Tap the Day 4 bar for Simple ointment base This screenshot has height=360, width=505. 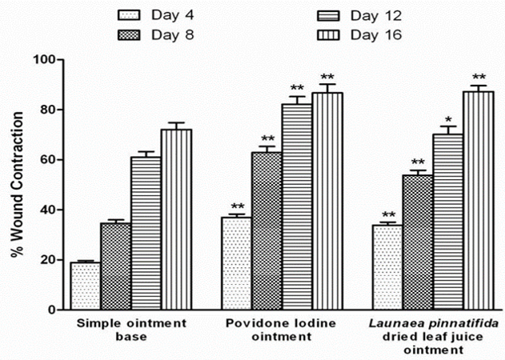[85, 286]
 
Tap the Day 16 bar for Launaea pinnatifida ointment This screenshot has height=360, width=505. [479, 200]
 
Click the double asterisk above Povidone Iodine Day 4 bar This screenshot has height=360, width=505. [235, 206]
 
